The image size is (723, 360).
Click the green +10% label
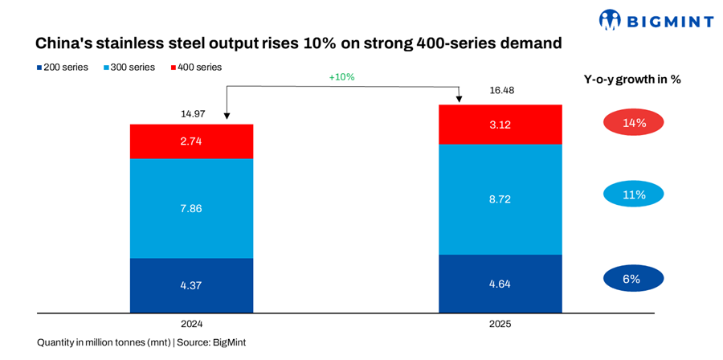coord(341,77)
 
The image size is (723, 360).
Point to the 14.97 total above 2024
coord(192,114)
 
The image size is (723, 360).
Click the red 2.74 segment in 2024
coord(192,141)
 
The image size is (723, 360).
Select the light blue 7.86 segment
coord(192,208)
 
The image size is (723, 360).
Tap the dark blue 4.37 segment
coord(192,284)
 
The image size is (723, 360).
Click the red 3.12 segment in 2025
coord(500,125)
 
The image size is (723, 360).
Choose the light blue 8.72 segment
coord(500,198)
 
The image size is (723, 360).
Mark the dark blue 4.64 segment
coord(500,283)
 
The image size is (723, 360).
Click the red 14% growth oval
coord(633,123)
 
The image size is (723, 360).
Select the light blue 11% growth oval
coord(633,194)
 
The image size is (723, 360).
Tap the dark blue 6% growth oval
coord(633,279)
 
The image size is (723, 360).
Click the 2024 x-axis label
coord(192,324)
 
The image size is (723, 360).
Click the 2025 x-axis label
coord(500,324)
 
